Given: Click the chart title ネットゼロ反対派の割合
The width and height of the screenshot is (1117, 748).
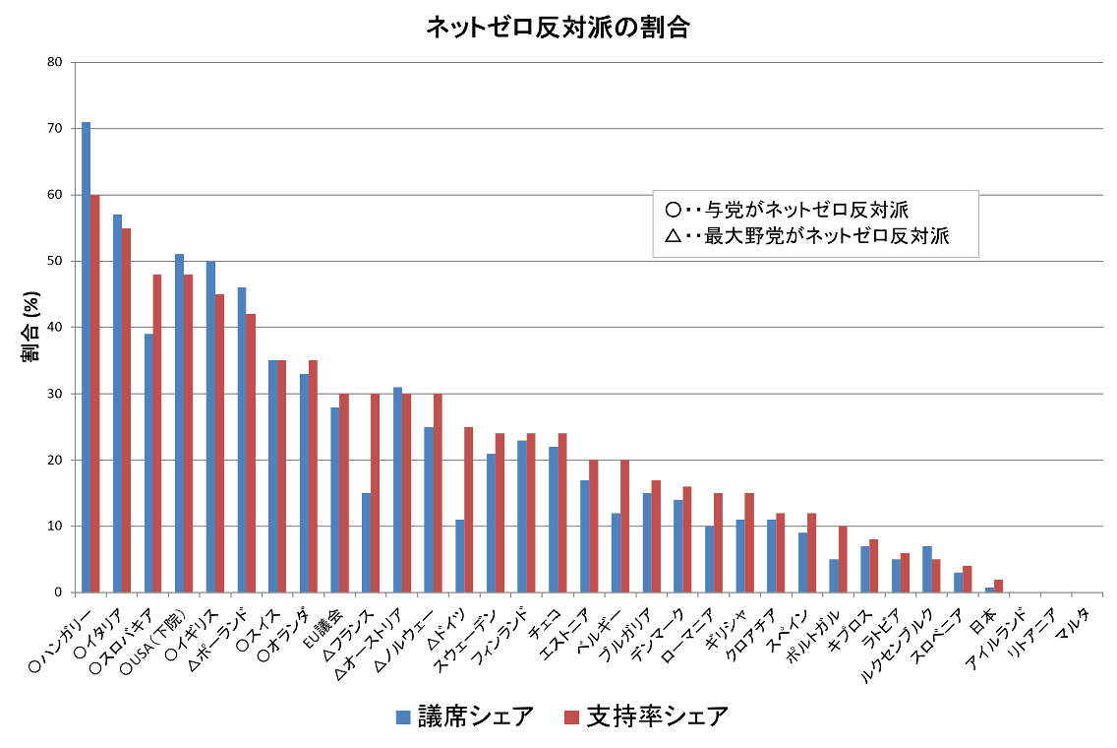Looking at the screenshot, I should (558, 27).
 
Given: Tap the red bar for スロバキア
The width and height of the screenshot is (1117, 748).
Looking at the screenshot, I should (157, 433).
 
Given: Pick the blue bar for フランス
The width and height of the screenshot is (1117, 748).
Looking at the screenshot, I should (366, 542).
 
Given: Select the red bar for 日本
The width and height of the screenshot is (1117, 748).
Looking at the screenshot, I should (998, 587).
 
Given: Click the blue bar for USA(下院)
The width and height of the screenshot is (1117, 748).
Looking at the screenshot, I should (179, 423).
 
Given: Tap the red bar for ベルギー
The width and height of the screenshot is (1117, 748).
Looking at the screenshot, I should (624, 526).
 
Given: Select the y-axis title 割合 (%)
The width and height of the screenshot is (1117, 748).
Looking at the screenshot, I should (29, 327).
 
